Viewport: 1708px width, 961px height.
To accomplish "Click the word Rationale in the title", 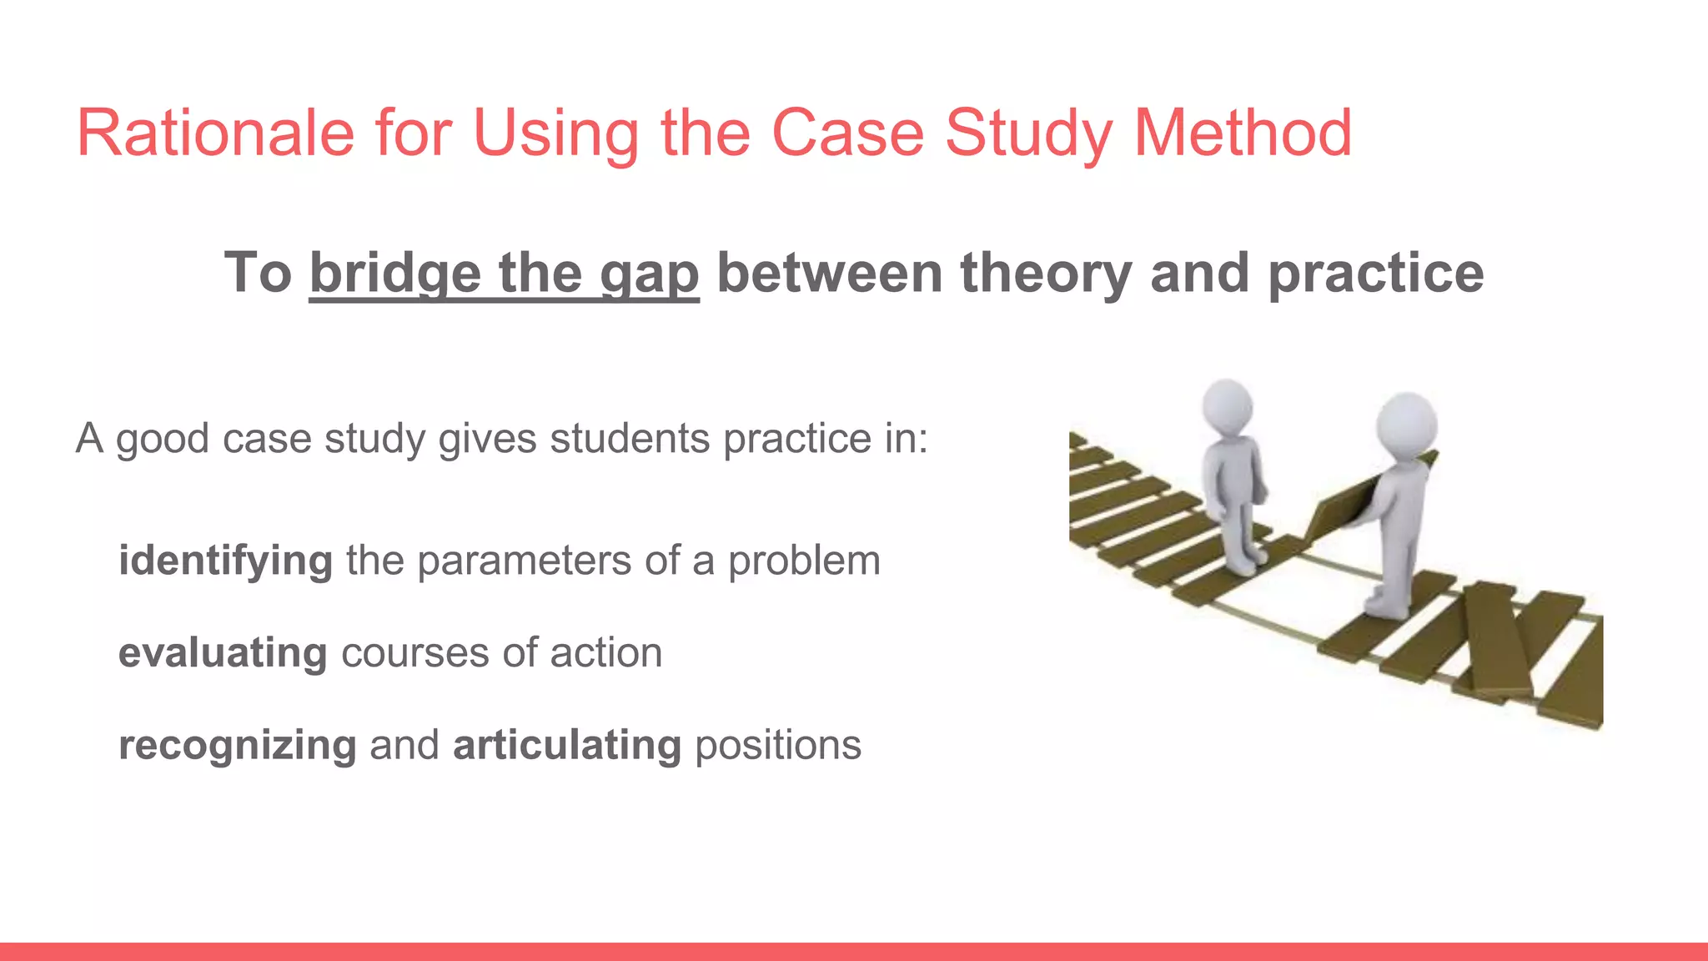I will coord(215,133).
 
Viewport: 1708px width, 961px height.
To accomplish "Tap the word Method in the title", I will coord(1243,133).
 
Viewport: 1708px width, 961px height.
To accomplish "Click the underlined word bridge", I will coord(395,274).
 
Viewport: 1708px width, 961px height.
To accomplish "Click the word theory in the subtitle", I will coord(1046,274).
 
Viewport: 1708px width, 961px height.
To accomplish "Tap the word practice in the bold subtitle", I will coord(1376,274).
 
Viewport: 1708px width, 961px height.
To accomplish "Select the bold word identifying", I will coord(225,561).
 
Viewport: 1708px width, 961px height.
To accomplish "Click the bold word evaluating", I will coord(223,653).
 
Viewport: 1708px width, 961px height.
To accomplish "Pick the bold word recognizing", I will coord(237,746).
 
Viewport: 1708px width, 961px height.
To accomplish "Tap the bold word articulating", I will coord(567,745).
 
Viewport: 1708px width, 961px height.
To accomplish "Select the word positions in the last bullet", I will coord(777,745).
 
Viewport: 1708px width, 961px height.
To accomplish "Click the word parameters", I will coord(524,561).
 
